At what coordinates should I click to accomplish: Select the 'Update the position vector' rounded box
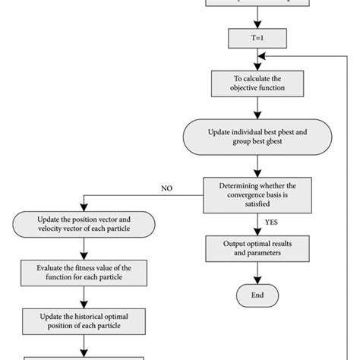click(84, 225)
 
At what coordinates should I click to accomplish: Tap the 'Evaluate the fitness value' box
click(84, 272)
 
